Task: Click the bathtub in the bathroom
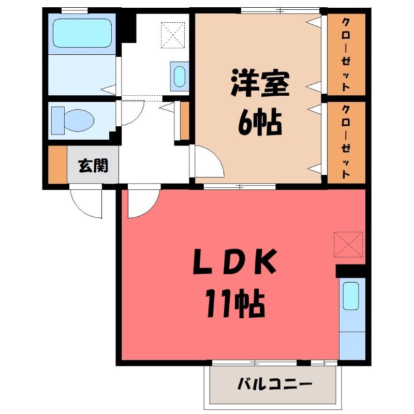point(82,33)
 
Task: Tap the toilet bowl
point(79,121)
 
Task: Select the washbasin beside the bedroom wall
point(180,77)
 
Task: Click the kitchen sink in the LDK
point(351,295)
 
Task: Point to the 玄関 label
point(94,166)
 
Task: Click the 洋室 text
point(260,83)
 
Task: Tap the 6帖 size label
point(260,122)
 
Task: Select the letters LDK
point(235,261)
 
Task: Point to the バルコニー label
point(275,384)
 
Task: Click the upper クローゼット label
point(346,55)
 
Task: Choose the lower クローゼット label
point(346,141)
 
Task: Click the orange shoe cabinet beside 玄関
point(57,164)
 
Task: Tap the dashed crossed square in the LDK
point(348,244)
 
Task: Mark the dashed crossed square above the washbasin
point(173,35)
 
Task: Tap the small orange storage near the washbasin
point(185,121)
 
